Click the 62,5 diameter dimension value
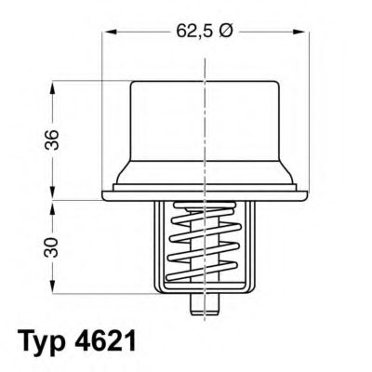coord(194,32)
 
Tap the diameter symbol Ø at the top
coord(225,32)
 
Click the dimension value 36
coord(52,140)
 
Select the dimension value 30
coord(52,247)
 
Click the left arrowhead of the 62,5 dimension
coord(109,32)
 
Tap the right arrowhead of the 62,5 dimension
coord(299,32)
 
